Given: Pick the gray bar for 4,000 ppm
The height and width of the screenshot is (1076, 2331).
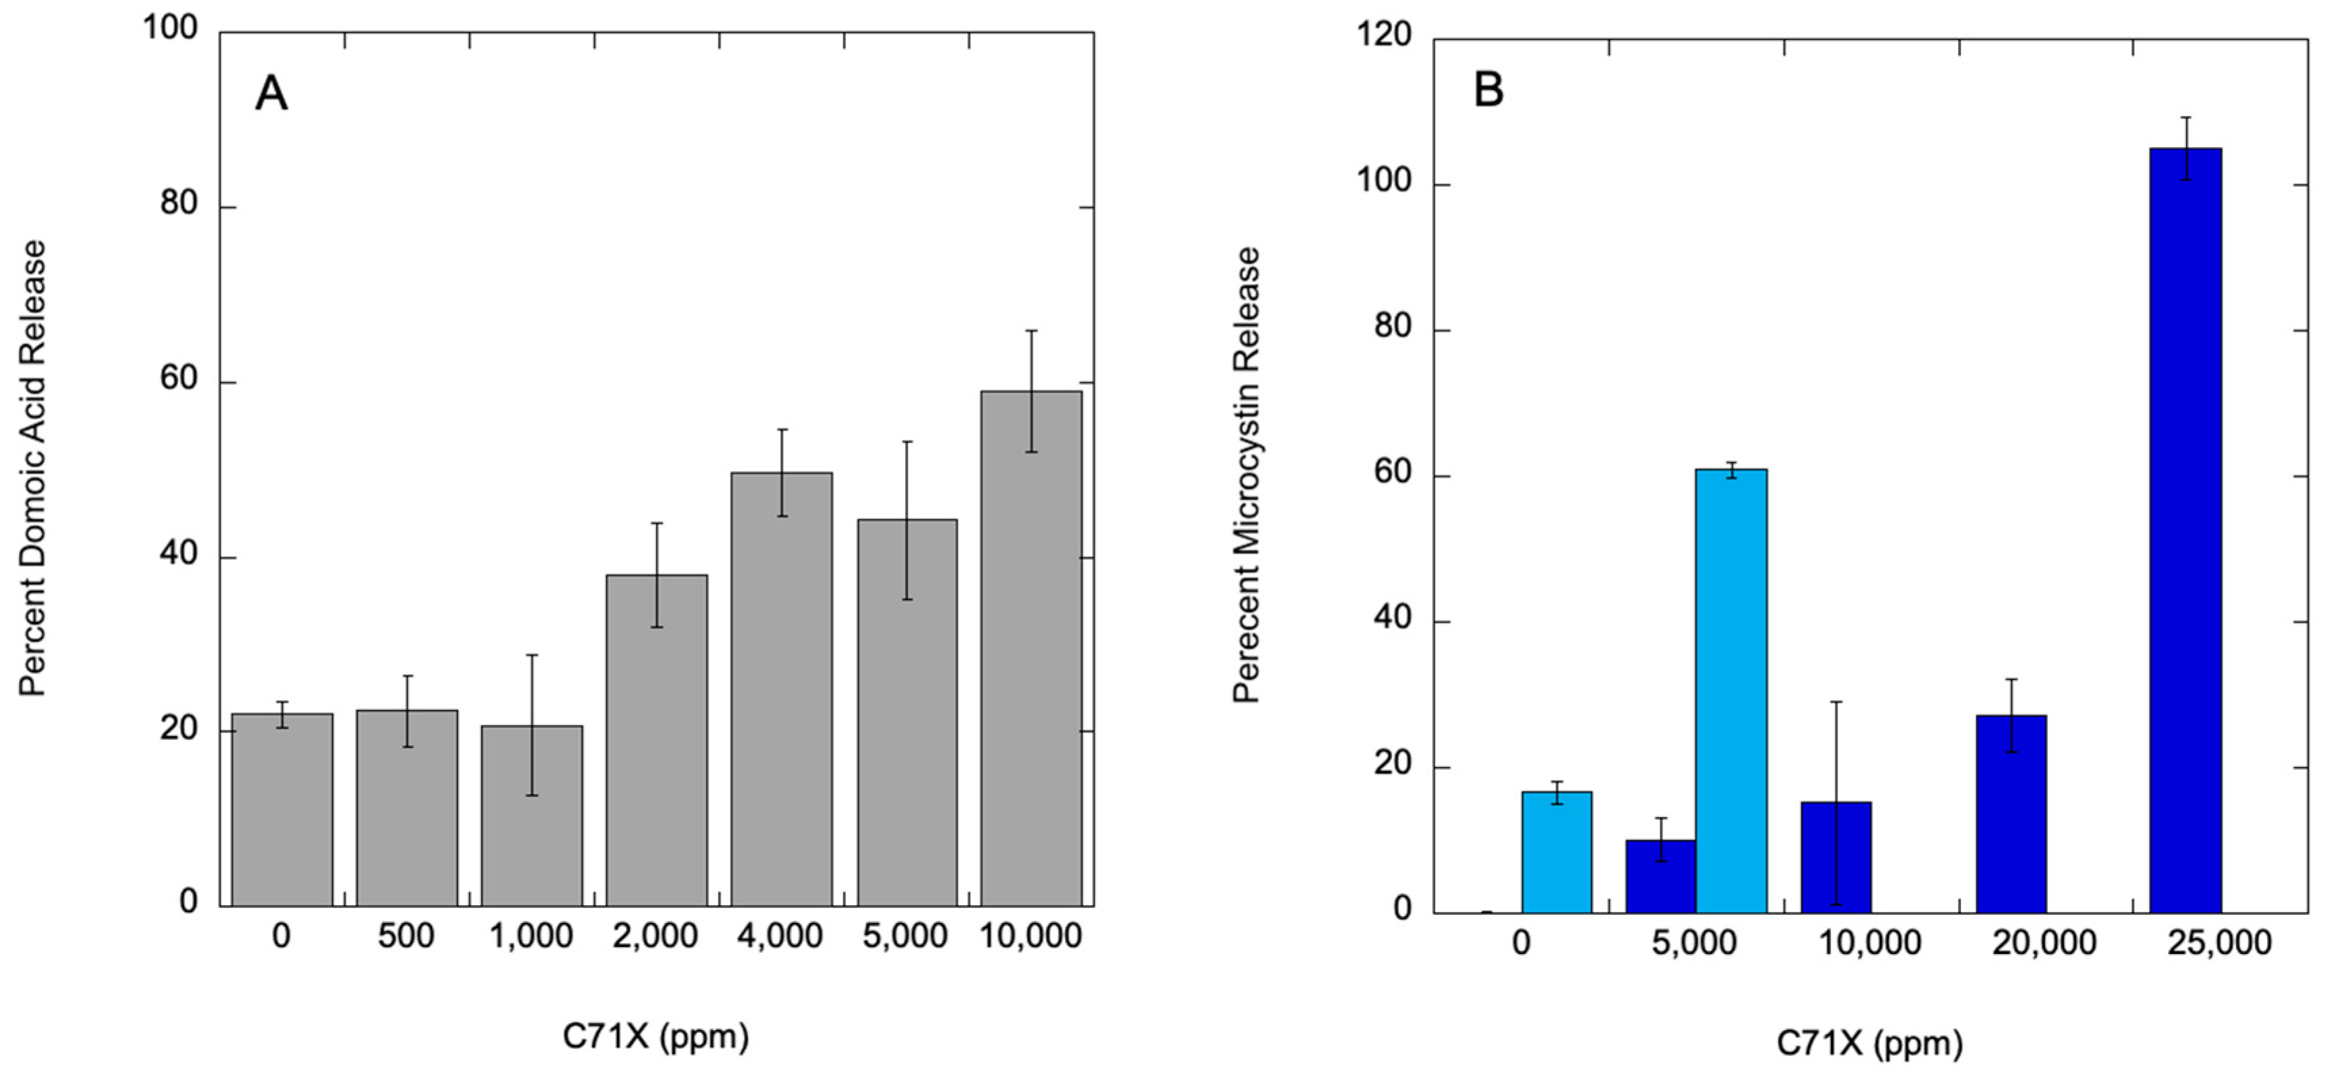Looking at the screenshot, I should (782, 688).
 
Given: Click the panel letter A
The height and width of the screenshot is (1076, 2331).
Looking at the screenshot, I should (272, 94).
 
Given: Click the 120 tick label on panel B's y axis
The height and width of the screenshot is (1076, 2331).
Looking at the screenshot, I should (1385, 35).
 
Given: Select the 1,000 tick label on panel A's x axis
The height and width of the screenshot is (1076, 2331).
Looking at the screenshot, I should (531, 936).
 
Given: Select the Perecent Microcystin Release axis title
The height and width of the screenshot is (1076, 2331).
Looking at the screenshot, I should (1247, 475).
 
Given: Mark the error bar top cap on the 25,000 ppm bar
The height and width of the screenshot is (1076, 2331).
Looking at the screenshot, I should (2186, 118).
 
